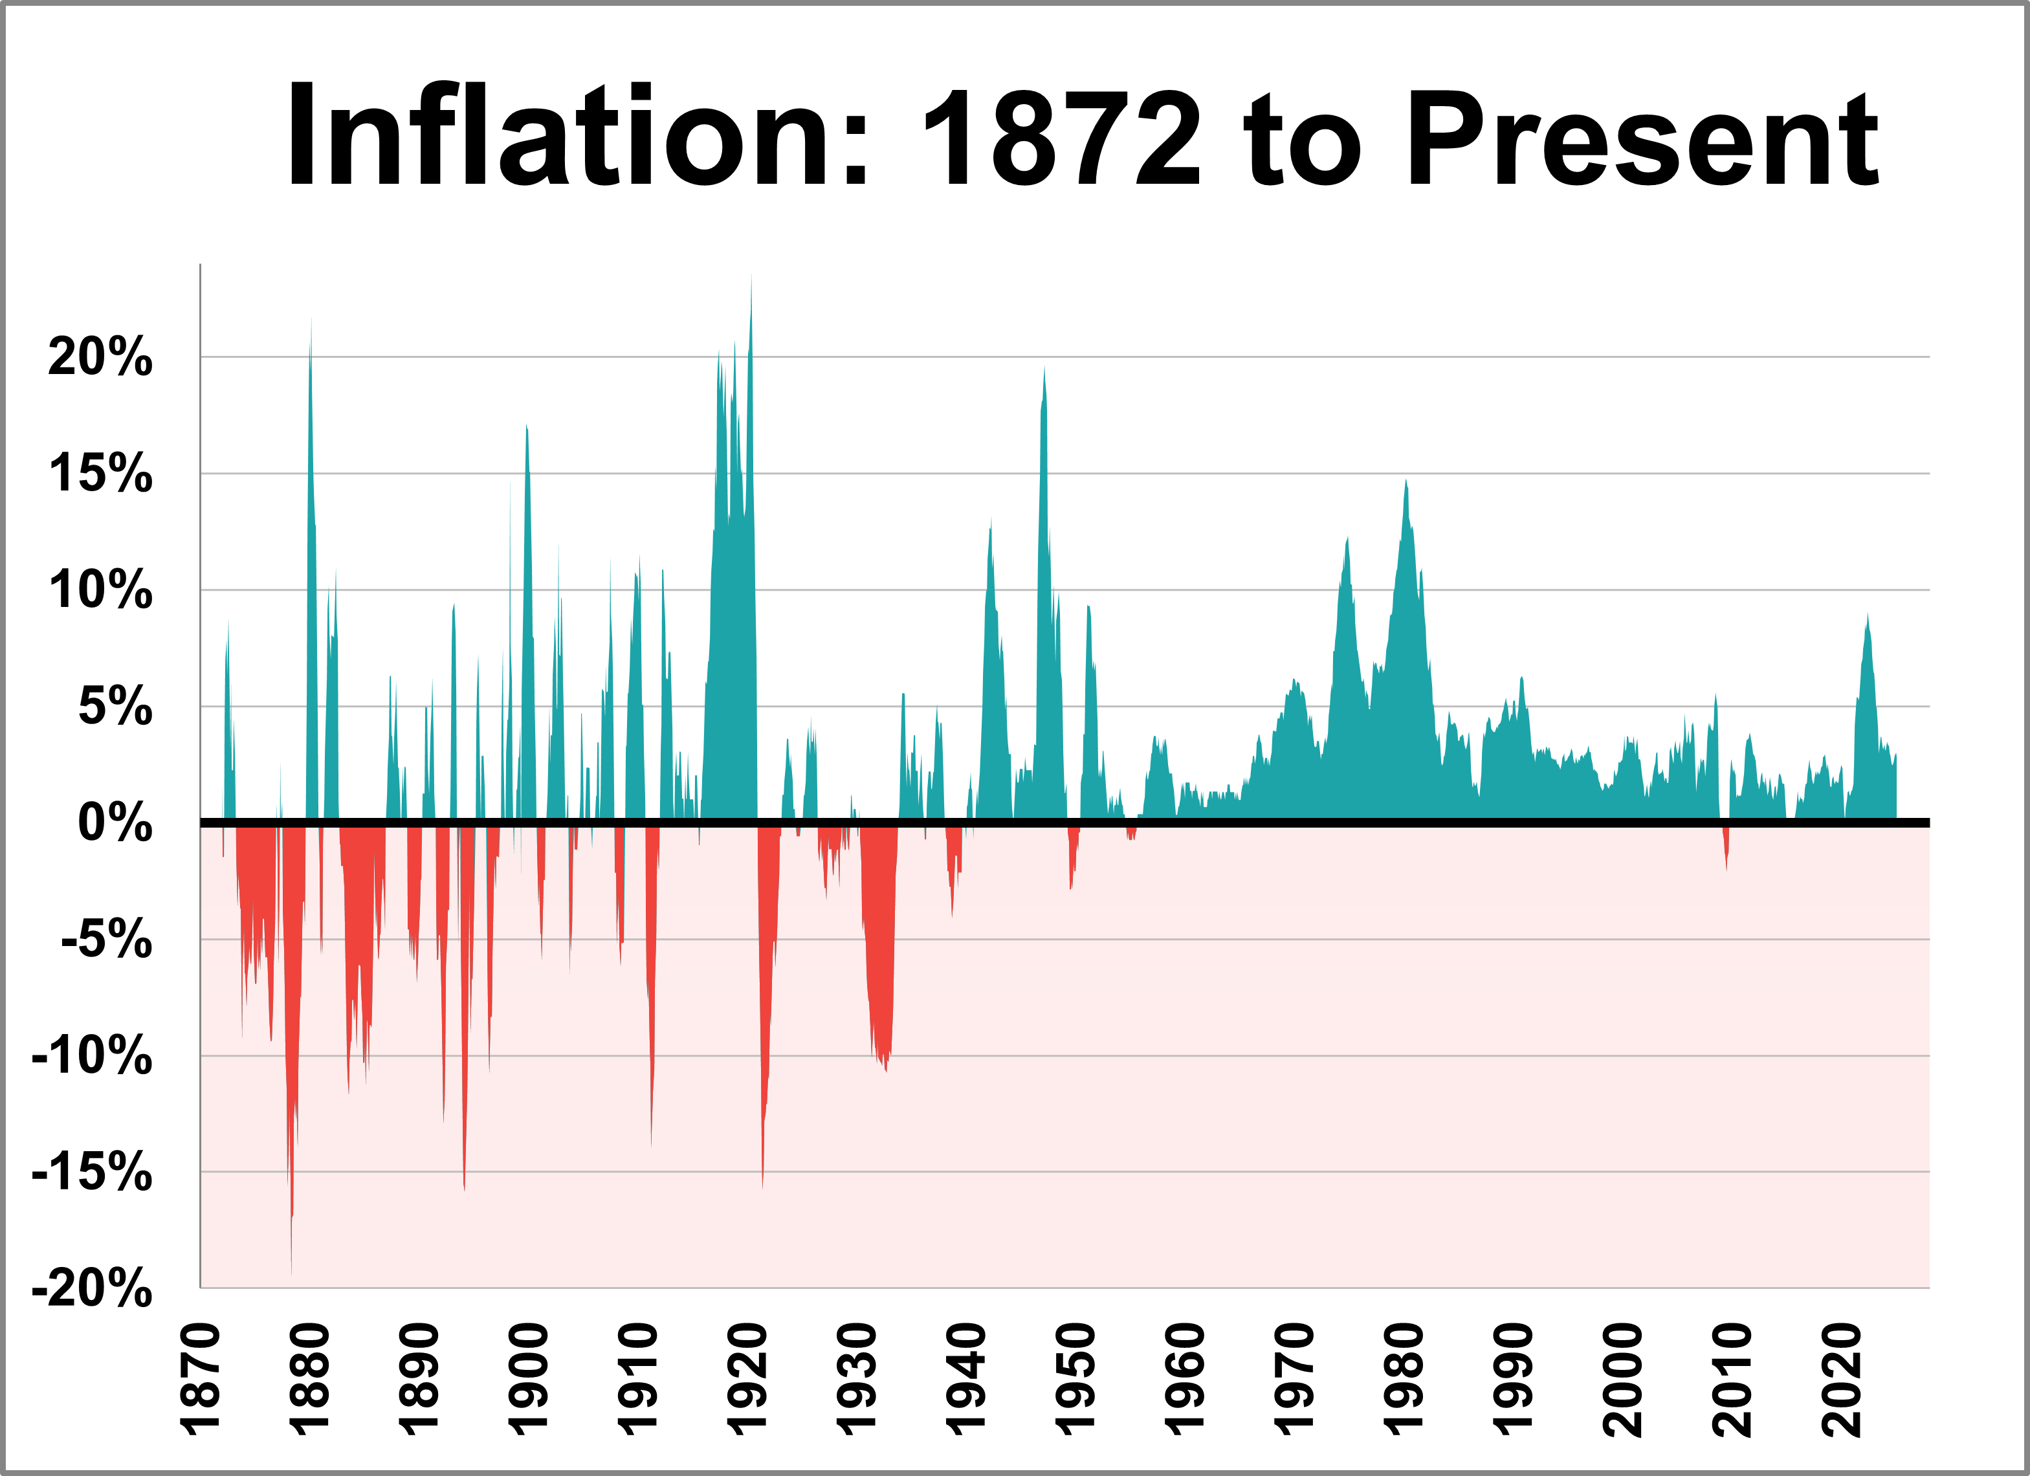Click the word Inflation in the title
pyautogui.click(x=577, y=136)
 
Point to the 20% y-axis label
pyautogui.click(x=100, y=357)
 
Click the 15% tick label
pyautogui.click(x=100, y=474)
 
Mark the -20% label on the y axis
pyautogui.click(x=92, y=1289)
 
